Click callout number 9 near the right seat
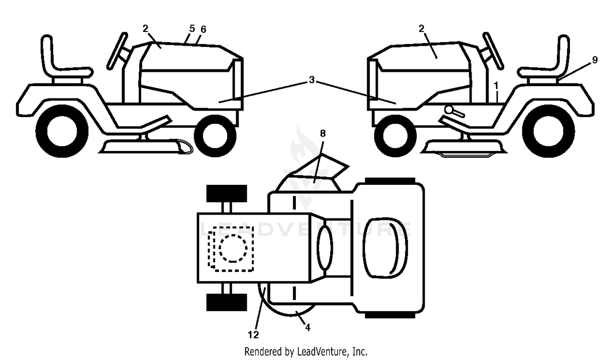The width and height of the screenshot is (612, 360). pyautogui.click(x=595, y=60)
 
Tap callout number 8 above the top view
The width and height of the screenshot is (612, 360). pyautogui.click(x=323, y=133)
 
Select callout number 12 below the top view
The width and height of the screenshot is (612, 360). pyautogui.click(x=253, y=335)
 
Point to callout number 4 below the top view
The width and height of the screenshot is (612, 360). pyautogui.click(x=308, y=327)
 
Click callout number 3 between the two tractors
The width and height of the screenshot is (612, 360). pyautogui.click(x=312, y=80)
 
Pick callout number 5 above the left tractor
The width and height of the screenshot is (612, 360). pyautogui.click(x=192, y=29)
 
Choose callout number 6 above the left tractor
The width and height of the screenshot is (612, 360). pyautogui.click(x=203, y=29)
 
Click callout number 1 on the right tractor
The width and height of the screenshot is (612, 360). pyautogui.click(x=496, y=86)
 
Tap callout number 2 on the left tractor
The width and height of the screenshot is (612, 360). pyautogui.click(x=145, y=28)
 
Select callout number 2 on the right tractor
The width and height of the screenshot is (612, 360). pyautogui.click(x=421, y=28)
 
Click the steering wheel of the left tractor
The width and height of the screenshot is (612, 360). pyautogui.click(x=117, y=51)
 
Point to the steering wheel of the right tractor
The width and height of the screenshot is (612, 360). pyautogui.click(x=493, y=51)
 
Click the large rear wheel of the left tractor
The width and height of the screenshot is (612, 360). pyautogui.click(x=62, y=131)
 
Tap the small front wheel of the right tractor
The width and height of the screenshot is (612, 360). pyautogui.click(x=395, y=136)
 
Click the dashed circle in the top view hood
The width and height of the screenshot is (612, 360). pyautogui.click(x=233, y=248)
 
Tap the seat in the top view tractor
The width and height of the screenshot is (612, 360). pyautogui.click(x=385, y=248)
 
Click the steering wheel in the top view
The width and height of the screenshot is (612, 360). pyautogui.click(x=325, y=247)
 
